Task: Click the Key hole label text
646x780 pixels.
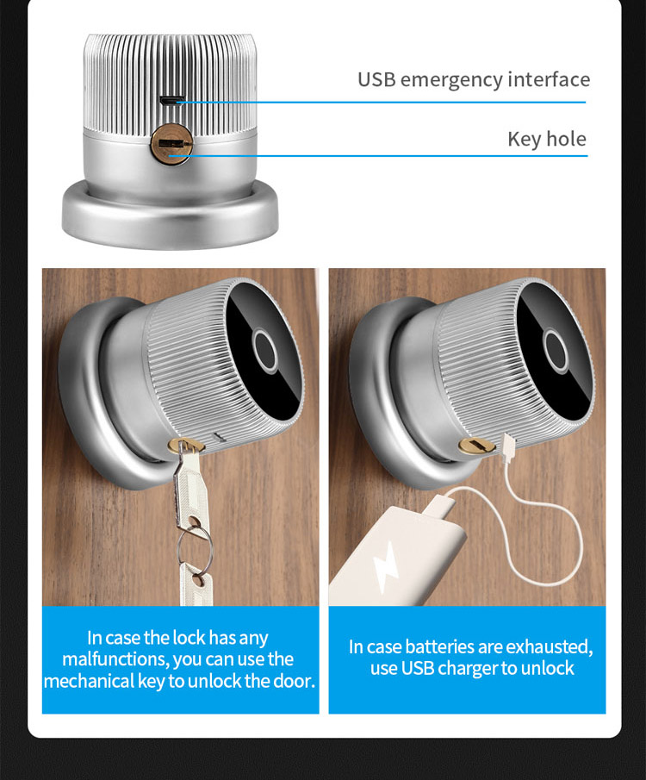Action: [547, 140]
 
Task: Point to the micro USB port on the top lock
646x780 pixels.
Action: [171, 101]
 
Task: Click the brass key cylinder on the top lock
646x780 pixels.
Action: [171, 144]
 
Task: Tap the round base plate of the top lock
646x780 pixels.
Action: [170, 215]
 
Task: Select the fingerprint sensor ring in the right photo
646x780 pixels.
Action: [556, 350]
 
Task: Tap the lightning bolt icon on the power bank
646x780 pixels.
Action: [386, 567]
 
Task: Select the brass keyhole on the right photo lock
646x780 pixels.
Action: [476, 446]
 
